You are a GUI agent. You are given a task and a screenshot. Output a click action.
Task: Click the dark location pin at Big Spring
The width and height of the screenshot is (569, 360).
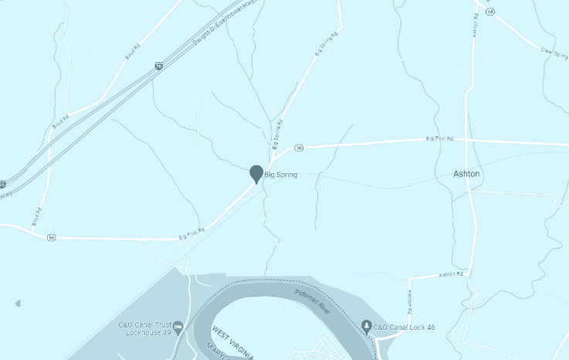tap(256, 173)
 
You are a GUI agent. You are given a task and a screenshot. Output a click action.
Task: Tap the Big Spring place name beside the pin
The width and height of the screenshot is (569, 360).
tap(281, 175)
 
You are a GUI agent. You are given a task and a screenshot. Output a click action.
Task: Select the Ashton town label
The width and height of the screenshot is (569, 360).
tap(466, 174)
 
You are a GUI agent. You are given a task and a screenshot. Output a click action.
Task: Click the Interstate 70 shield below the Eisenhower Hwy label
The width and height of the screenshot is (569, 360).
tap(158, 68)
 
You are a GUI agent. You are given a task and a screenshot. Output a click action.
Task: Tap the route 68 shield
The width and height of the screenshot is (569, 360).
tap(490, 11)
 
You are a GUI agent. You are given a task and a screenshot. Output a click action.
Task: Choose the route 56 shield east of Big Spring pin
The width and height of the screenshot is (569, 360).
tap(299, 148)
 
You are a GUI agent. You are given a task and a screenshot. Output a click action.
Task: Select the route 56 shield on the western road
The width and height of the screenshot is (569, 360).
tap(51, 236)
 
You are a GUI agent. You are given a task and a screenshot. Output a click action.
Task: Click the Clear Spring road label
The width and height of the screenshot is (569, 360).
tap(554, 56)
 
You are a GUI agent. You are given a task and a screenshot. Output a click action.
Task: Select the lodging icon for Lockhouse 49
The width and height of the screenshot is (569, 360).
tap(179, 328)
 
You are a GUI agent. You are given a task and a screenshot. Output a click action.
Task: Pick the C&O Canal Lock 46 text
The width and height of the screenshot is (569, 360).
tap(405, 327)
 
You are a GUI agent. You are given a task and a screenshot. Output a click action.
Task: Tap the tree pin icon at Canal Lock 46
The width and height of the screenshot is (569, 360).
tap(366, 327)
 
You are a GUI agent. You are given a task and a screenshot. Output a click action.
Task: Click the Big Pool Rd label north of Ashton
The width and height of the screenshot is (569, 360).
tap(439, 139)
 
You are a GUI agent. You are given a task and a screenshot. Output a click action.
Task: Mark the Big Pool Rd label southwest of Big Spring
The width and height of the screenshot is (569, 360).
tap(191, 233)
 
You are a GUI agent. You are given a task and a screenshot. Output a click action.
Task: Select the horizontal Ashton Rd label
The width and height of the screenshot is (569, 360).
tap(450, 274)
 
